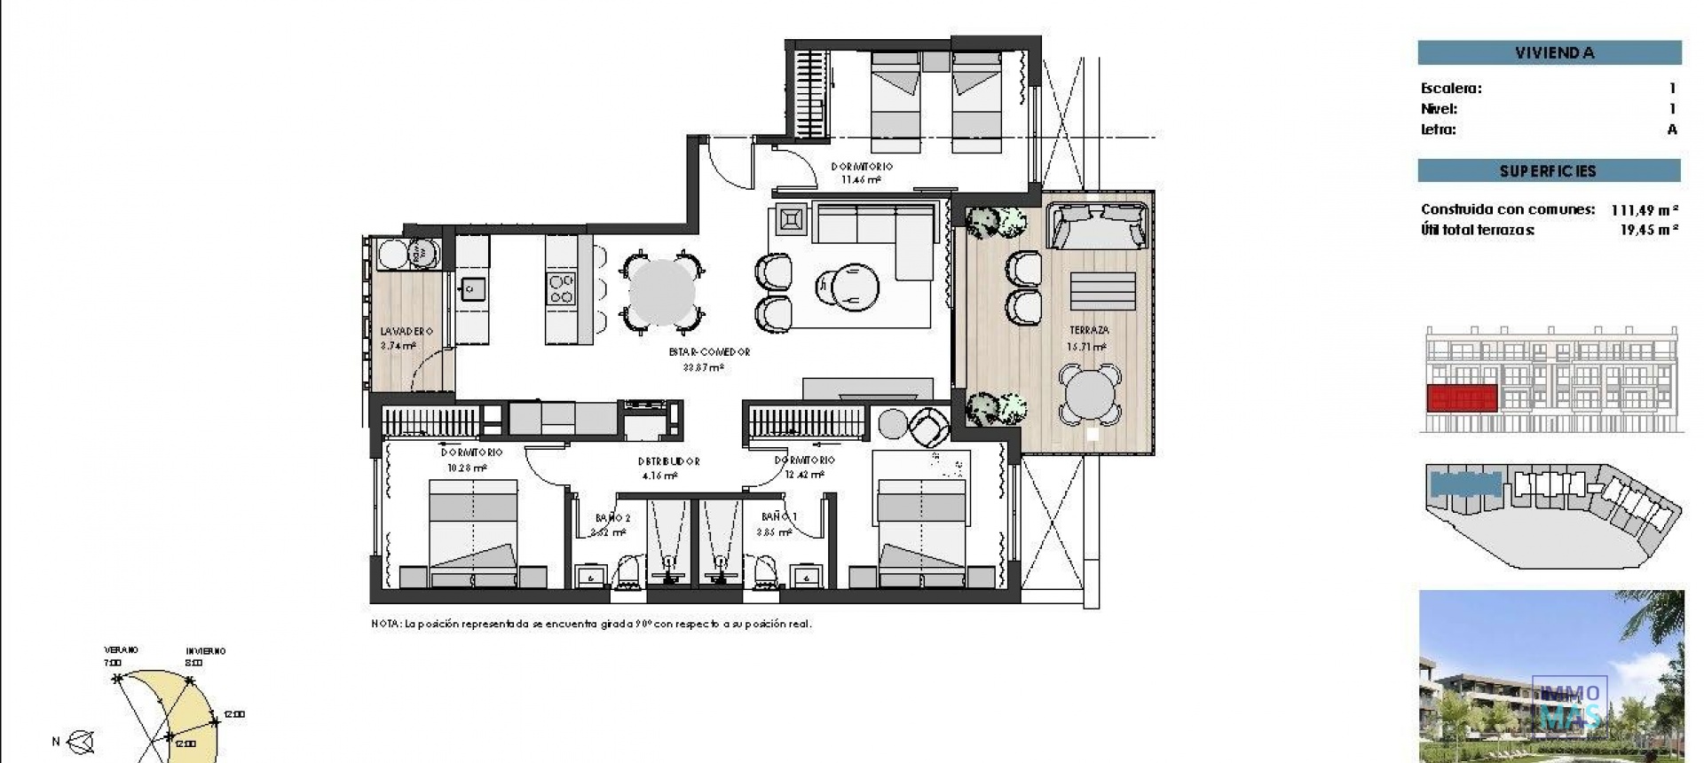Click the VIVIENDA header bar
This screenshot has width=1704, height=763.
1549,52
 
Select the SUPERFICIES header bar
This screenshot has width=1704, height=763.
1548,170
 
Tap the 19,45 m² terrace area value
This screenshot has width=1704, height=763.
1648,230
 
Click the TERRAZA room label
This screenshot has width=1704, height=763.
1088,330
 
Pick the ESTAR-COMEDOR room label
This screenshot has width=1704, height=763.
709,352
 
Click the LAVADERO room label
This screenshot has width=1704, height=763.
406,331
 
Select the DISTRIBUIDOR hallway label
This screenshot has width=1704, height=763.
668,461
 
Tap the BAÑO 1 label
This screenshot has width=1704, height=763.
779,516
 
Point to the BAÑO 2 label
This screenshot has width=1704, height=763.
612,518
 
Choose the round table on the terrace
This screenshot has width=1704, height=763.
1090,394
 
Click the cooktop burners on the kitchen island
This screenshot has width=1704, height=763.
561,289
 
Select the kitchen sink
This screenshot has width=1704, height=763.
472,288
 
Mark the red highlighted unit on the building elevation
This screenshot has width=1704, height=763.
1462,398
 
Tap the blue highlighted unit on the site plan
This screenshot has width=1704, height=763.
1464,484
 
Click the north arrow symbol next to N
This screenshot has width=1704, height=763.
82,742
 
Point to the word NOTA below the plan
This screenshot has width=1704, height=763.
385,625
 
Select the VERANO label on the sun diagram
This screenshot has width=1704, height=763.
121,650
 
